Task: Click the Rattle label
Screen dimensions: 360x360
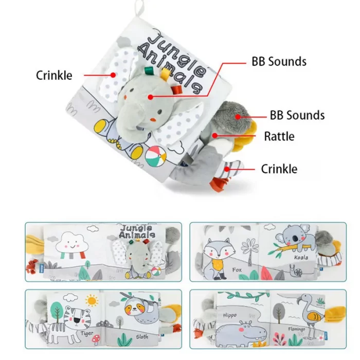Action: point(279,136)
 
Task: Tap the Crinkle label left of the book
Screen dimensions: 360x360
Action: point(54,75)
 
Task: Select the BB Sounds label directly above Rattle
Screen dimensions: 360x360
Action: point(297,114)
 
